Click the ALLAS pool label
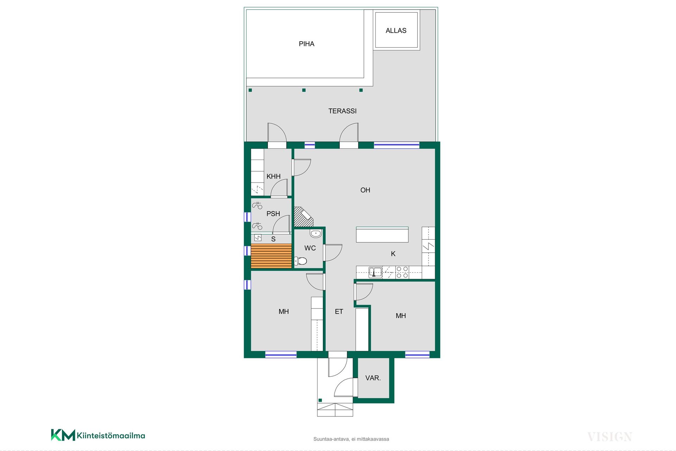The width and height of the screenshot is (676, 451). [x=396, y=31]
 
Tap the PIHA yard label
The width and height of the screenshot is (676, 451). [x=306, y=44]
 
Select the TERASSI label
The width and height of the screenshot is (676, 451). [x=342, y=111]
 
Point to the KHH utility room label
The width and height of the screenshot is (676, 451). [x=273, y=177]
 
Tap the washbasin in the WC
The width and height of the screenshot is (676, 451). [x=315, y=233]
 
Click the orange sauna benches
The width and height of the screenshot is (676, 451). [x=271, y=256]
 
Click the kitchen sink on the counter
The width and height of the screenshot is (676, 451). [x=375, y=272]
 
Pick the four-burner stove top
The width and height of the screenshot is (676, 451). [x=402, y=272]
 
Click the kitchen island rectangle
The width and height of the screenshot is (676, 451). [x=382, y=235]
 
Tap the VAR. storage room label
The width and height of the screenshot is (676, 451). [x=373, y=378]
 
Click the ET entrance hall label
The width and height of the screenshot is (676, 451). [x=339, y=311]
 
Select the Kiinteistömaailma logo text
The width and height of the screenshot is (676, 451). [x=111, y=435]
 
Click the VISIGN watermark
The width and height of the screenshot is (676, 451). [x=610, y=437]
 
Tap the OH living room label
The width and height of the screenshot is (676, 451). [x=365, y=190]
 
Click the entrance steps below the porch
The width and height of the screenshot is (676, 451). [x=335, y=410]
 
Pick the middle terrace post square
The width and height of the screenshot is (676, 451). [x=304, y=90]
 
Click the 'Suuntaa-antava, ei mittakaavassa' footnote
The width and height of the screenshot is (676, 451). [x=351, y=439]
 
